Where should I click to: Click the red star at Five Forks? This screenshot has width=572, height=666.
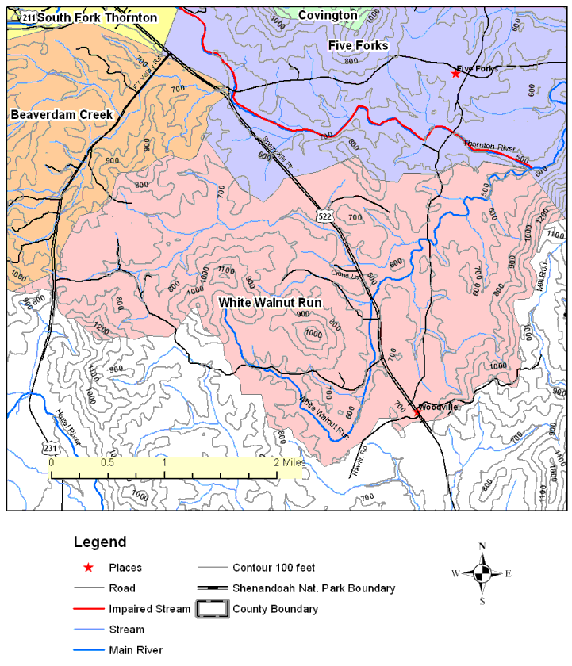pyautogui.click(x=455, y=74)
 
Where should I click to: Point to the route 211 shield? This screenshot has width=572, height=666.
pyautogui.click(x=29, y=17)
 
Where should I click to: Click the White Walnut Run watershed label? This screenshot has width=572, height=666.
pyautogui.click(x=264, y=302)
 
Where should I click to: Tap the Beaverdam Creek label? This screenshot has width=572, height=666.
pyautogui.click(x=62, y=115)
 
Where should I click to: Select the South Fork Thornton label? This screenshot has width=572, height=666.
pyautogui.click(x=97, y=17)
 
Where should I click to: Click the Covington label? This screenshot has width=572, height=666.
pyautogui.click(x=327, y=15)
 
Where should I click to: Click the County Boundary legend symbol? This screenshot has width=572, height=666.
pyautogui.click(x=211, y=609)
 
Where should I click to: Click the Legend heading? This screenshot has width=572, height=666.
pyautogui.click(x=99, y=543)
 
